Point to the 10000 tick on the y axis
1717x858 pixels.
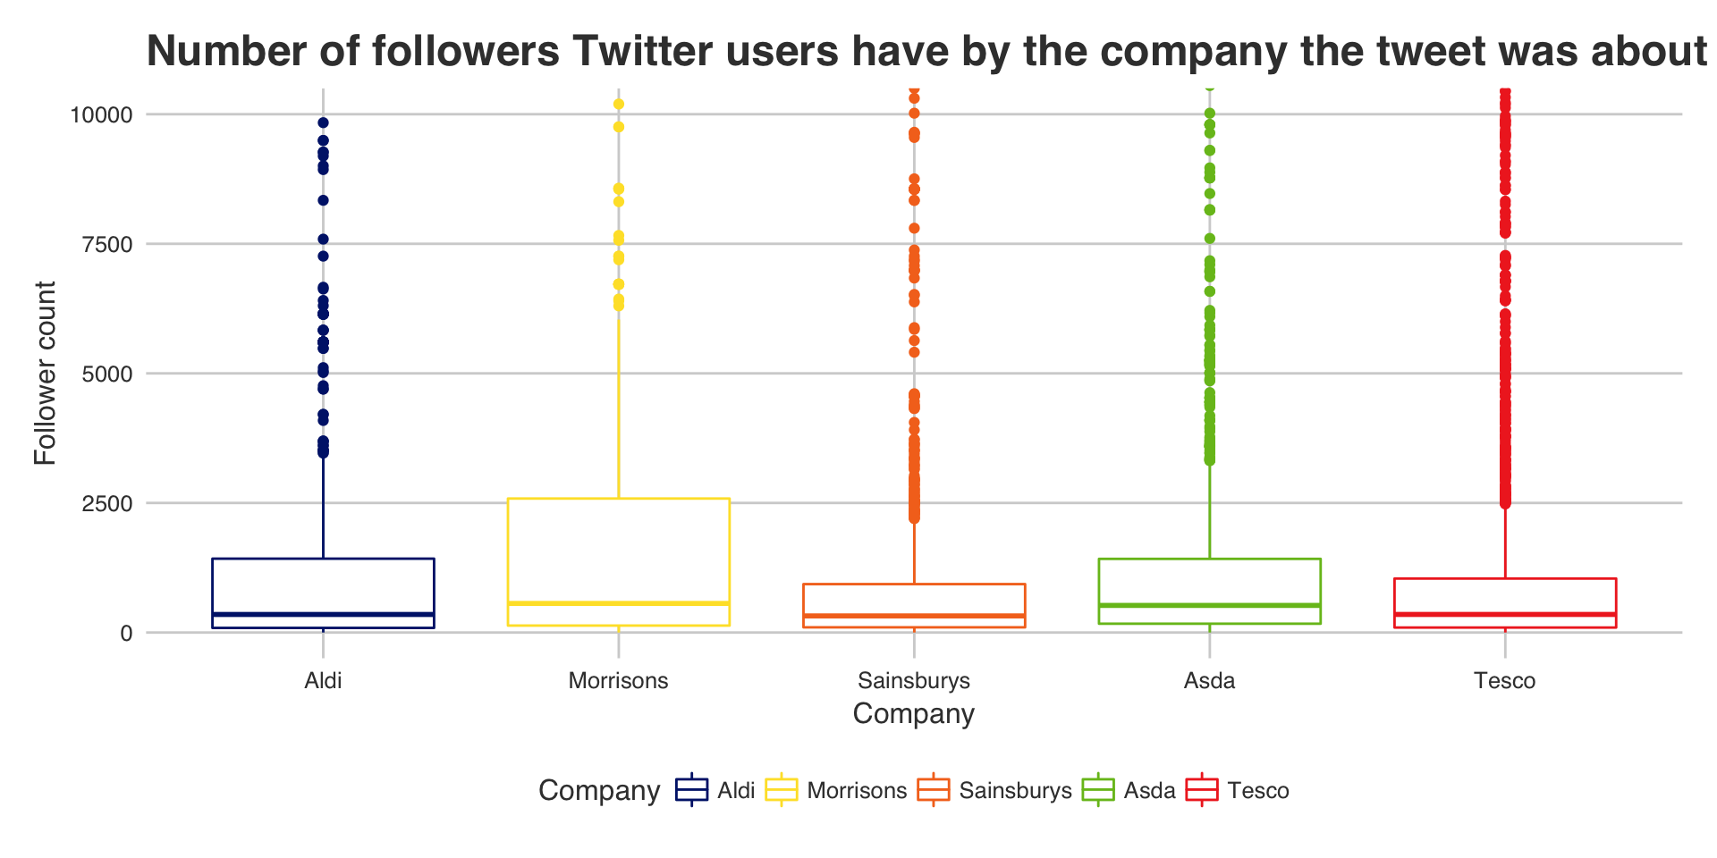pos(101,114)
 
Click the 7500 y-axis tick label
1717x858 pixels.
pos(106,244)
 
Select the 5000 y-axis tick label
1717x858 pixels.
pos(106,374)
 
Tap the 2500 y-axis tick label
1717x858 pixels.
pos(106,503)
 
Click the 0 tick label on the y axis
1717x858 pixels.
pos(126,633)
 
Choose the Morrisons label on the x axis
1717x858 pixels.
pos(618,681)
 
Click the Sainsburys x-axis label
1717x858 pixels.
pos(914,681)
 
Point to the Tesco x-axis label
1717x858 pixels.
pos(1505,681)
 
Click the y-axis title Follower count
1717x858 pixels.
pos(45,374)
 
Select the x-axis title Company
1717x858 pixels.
pos(913,714)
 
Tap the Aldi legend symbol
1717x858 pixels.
pos(692,790)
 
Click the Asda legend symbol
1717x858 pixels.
pos(1098,790)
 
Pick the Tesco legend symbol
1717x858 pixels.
pos(1202,790)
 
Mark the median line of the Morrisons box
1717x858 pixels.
pos(618,603)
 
